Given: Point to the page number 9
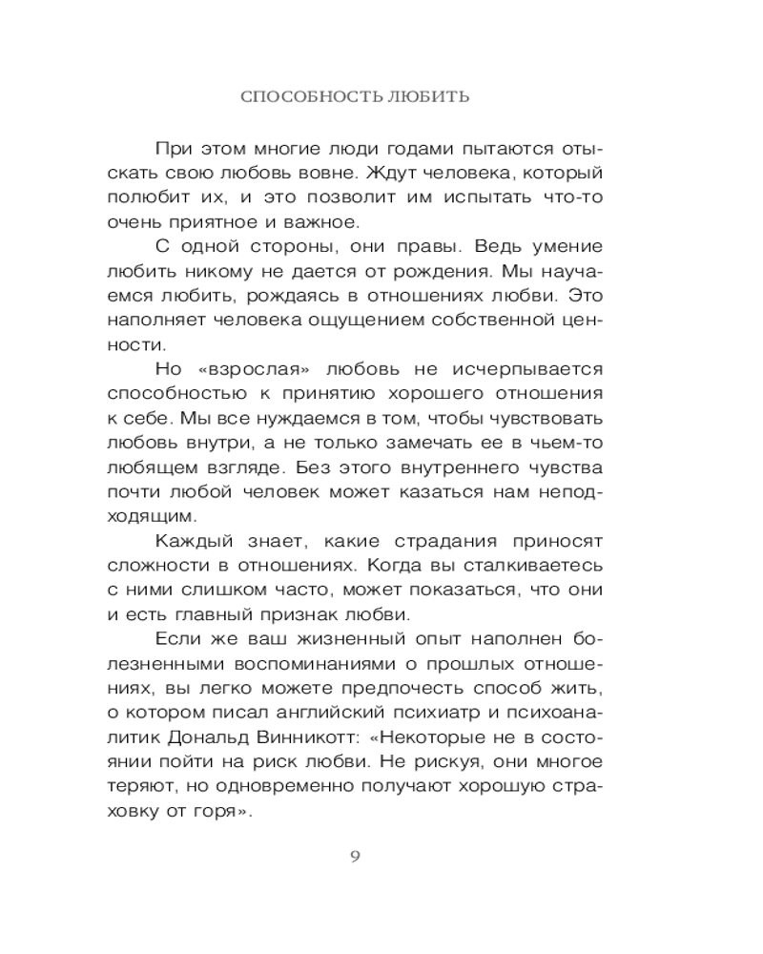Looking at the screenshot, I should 355,855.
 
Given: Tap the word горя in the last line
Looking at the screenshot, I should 225,814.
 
